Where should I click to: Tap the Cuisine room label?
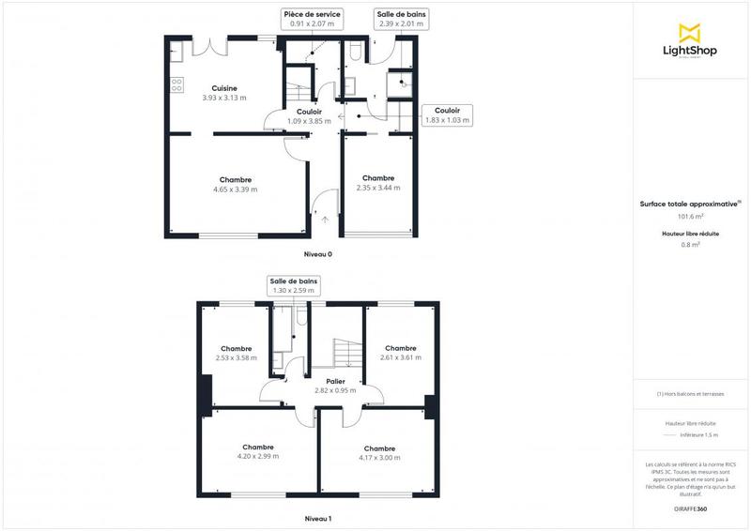[x=223, y=88]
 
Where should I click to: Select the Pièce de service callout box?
[x=312, y=20]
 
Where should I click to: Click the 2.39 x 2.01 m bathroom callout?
[x=400, y=20]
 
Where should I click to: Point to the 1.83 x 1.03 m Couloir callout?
[x=448, y=114]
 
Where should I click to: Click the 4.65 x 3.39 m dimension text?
[x=236, y=190]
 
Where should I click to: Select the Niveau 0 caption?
[x=318, y=254]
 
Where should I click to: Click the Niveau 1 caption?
[x=318, y=518]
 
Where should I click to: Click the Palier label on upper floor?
[x=335, y=382]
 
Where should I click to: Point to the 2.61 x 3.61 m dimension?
[x=401, y=357]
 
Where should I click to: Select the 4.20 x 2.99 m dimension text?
[x=257, y=456]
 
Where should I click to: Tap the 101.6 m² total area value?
[x=691, y=217]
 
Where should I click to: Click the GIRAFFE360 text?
[x=692, y=508]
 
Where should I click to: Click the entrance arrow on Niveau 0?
[x=325, y=219]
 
